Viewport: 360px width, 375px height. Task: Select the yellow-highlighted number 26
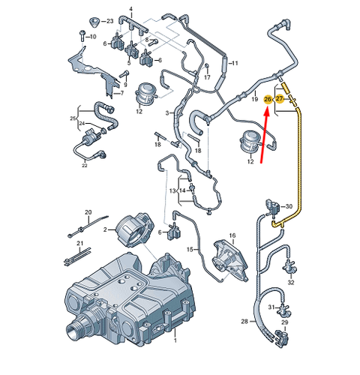click(x=268, y=98)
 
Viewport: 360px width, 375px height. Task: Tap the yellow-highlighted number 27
click(x=280, y=98)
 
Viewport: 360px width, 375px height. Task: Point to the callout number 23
click(x=109, y=21)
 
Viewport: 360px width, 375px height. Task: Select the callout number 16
click(x=232, y=235)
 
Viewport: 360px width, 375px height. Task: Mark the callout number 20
click(x=88, y=213)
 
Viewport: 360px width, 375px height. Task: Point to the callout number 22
click(x=85, y=165)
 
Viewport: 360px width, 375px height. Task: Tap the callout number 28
click(x=244, y=322)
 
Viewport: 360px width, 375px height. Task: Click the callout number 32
click(x=291, y=283)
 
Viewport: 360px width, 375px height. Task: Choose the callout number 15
click(x=190, y=249)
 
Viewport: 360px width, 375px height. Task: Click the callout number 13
click(x=172, y=192)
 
